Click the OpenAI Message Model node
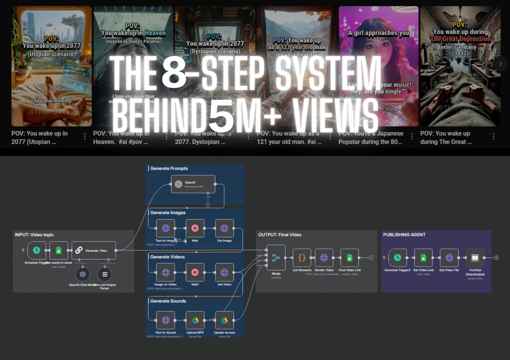193,184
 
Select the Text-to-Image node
166,228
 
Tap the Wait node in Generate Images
195,228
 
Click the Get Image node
224,228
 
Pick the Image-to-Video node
166,272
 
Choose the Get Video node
224,272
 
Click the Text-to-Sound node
166,320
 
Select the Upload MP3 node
195,320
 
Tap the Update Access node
224,320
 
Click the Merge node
276,257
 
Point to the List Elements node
302,258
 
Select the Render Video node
324,258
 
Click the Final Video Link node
349,258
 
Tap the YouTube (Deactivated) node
475,258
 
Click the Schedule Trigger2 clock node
397,258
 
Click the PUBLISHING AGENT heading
404,235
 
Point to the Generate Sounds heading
168,301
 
